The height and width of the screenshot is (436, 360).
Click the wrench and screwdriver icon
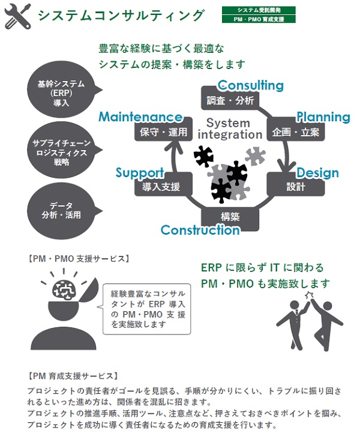[18, 16]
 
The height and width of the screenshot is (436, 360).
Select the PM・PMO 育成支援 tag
[258, 19]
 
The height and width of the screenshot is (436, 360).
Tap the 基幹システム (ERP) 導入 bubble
[61, 92]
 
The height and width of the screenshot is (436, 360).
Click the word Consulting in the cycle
[251, 85]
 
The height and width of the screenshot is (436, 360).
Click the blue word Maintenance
[140, 117]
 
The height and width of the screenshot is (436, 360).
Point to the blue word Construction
[200, 230]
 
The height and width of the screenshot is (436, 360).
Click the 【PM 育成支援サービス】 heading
[73, 376]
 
